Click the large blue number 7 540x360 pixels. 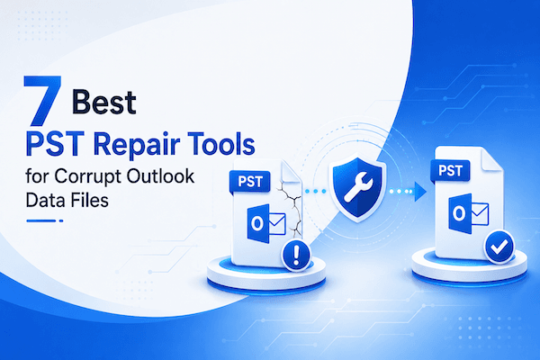[42, 101]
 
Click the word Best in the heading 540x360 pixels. [104, 102]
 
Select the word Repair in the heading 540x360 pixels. [137, 144]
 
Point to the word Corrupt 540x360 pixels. [87, 176]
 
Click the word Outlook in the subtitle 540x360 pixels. [160, 175]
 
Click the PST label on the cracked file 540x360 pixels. [250, 181]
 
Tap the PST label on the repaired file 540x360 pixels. [451, 170]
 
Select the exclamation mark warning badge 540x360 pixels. [296, 256]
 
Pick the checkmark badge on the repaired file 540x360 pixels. [499, 247]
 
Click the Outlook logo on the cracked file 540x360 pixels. [266, 224]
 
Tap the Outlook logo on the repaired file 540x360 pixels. [468, 213]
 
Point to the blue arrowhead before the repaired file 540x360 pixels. [420, 191]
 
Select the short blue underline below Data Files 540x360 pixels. [45, 220]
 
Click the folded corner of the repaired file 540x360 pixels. [491, 159]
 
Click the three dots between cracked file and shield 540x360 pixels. [316, 191]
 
